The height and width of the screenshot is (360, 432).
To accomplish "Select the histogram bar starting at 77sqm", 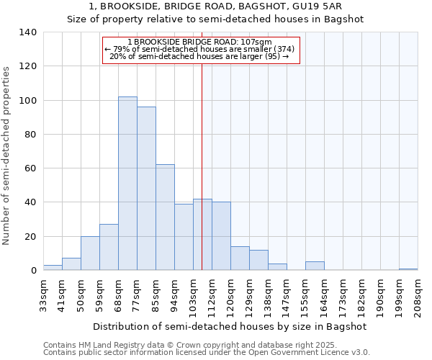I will pos(146,189).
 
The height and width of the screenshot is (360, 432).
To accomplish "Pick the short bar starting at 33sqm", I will pos(53,268).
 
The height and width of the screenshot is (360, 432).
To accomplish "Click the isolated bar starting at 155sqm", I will pos(315,266).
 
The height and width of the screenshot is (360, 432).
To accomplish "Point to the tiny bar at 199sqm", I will pos(408,269).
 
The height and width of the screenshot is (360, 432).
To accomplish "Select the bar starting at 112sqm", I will pos(221,236).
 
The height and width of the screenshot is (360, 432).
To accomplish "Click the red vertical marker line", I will pos(202,166).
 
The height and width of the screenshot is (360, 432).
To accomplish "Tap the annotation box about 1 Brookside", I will pos(199,50).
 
